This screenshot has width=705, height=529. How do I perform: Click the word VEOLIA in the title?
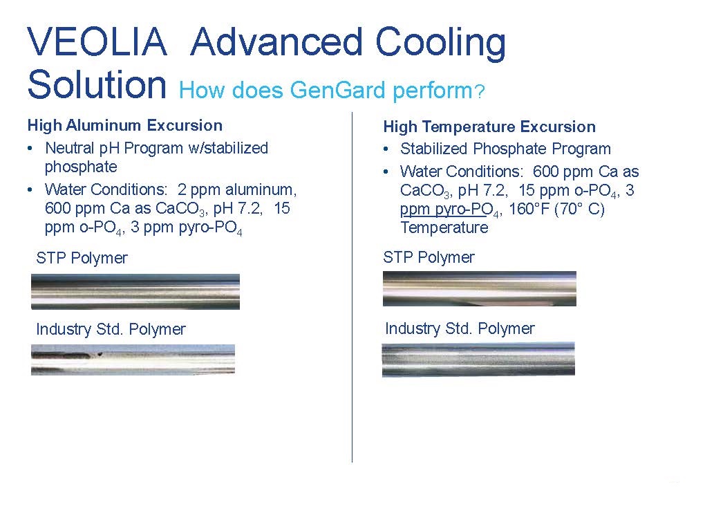tap(97, 41)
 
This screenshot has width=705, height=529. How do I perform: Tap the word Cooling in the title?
tap(441, 44)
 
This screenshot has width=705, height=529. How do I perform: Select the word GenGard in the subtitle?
tap(338, 90)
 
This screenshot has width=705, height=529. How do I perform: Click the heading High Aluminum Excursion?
tap(125, 125)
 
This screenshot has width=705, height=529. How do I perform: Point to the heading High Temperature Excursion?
tap(489, 127)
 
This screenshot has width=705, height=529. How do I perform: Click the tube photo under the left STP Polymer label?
tap(135, 292)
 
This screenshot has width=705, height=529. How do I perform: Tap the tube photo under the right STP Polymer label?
tap(479, 289)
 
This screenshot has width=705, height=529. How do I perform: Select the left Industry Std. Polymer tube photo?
tap(133, 360)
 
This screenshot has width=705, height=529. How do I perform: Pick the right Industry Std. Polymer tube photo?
tap(478, 359)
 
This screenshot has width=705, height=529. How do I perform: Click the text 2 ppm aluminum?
tap(237, 189)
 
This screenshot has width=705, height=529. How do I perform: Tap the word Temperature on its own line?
tap(444, 228)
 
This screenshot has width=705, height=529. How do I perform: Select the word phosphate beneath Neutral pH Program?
tap(81, 167)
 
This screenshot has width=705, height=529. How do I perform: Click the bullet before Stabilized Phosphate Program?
tap(386, 149)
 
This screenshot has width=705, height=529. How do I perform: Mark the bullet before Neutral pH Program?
tap(30, 148)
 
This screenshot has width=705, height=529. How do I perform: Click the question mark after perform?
tap(480, 92)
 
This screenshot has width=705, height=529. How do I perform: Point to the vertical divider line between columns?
tap(352, 287)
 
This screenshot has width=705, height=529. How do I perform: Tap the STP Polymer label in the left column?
tap(82, 258)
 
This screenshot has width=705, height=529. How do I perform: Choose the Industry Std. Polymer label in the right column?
tap(460, 329)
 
